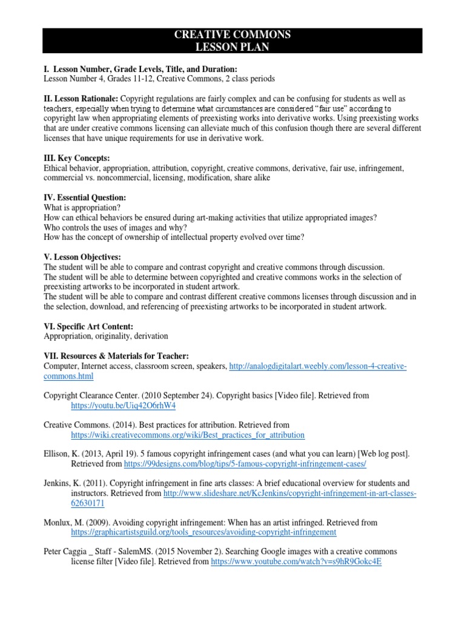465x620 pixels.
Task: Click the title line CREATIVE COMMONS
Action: point(232,35)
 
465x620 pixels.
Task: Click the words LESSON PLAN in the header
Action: point(232,46)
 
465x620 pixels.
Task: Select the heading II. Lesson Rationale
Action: point(81,98)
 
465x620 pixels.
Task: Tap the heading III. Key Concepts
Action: point(76,158)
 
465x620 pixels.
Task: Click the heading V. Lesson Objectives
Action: point(82,257)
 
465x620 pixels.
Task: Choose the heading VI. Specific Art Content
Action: point(88,326)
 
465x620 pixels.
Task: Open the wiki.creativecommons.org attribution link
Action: point(188,435)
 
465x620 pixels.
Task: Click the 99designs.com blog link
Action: point(245,464)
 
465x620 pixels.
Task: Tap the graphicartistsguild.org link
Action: point(203,532)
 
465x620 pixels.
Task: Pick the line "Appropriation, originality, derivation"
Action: point(106,335)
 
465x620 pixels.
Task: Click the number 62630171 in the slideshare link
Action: point(88,503)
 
